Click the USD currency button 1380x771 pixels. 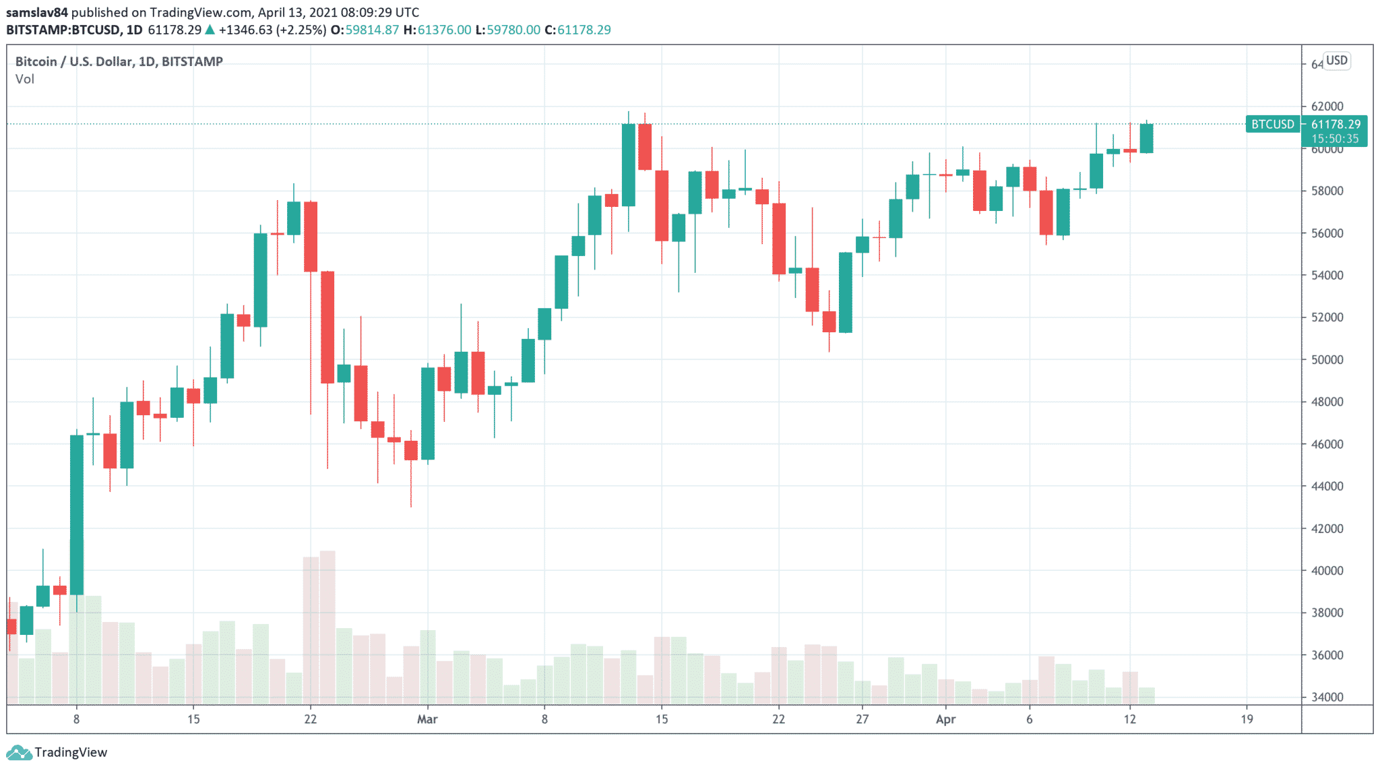coord(1336,61)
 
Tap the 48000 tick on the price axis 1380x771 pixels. coord(1327,402)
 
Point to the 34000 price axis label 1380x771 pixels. coord(1327,697)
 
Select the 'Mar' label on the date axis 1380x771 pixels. coord(427,719)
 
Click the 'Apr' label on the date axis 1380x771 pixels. coord(945,719)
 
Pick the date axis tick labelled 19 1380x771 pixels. coord(1247,719)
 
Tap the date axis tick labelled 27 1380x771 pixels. coord(862,719)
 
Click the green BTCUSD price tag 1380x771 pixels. coord(1272,124)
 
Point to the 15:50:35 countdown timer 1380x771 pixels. coord(1335,139)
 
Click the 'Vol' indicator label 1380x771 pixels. coord(25,79)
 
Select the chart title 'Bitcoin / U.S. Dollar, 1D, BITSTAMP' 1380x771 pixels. coord(119,61)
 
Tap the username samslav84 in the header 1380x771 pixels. coord(37,12)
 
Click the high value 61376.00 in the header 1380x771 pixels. coord(444,30)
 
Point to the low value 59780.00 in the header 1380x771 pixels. coord(513,30)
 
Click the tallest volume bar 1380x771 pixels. coord(327,627)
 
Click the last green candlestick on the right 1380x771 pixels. coord(1146,138)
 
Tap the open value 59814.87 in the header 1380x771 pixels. coord(372,30)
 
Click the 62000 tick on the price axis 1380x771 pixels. coord(1327,106)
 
